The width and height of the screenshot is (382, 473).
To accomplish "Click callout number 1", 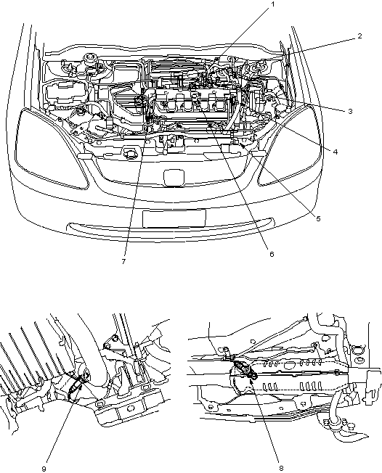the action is (x=272, y=4).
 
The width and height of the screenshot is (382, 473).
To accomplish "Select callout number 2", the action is (x=359, y=36).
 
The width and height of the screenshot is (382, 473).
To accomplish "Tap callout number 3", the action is (x=350, y=111).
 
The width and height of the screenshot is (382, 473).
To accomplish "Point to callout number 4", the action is (x=336, y=152).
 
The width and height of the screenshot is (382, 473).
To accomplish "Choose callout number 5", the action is (x=318, y=218).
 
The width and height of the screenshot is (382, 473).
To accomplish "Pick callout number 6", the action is (x=272, y=255).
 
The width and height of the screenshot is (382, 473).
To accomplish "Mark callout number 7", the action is (x=123, y=262).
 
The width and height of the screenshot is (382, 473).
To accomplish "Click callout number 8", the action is (x=282, y=469).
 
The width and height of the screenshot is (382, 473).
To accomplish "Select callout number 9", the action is (x=44, y=469).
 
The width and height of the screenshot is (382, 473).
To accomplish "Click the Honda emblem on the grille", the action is (x=174, y=178).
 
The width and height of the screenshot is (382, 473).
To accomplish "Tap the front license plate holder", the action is (x=174, y=218).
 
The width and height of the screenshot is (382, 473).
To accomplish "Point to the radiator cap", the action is (x=131, y=154).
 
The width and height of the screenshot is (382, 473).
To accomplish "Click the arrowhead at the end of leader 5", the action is (x=242, y=146).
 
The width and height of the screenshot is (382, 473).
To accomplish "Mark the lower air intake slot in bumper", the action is (x=171, y=229).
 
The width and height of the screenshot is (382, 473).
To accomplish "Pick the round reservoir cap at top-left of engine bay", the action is (x=89, y=57).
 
